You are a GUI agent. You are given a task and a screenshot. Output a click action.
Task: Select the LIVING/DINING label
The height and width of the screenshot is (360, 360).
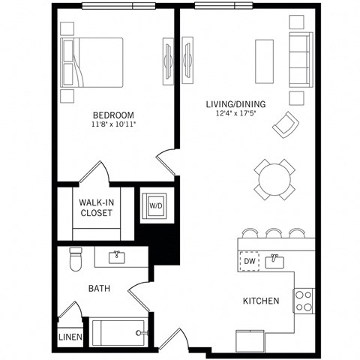tap(236, 103)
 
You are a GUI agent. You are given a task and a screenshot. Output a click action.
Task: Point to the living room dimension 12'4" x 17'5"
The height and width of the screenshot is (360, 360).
tap(236, 114)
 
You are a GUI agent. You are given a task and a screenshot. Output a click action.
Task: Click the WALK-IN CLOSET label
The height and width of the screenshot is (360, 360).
tap(96, 207)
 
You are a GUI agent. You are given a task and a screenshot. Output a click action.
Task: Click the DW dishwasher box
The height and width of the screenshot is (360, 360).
tap(249, 261)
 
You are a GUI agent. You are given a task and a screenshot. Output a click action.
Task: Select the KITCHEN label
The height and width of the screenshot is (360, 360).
tap(261, 301)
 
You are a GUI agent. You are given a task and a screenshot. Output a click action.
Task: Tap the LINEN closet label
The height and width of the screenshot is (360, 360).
tap(70, 337)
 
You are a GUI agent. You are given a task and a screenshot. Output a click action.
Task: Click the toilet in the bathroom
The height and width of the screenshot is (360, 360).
tap(74, 259)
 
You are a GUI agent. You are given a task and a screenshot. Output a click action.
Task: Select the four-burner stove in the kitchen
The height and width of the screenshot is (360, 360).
tap(303, 301)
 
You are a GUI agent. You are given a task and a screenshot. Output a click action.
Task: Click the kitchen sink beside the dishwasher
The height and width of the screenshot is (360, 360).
tap(274, 261)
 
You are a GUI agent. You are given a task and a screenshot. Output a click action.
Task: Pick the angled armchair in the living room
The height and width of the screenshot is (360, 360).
tap(284, 124)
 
